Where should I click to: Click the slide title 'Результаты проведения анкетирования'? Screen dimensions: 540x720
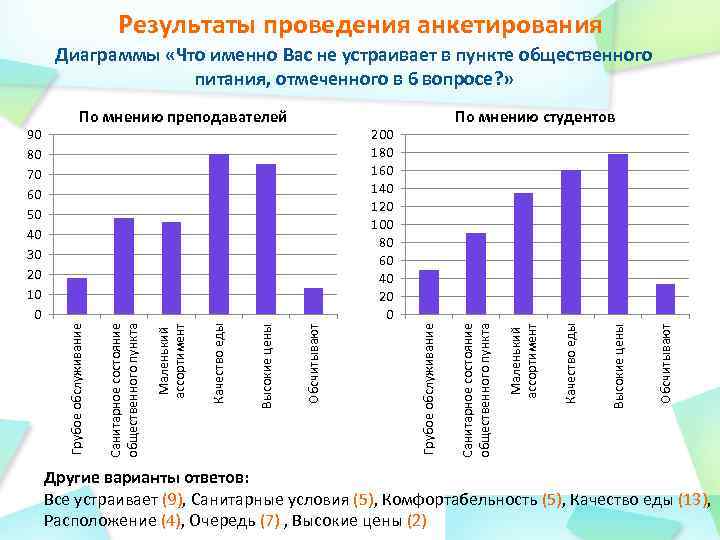coord(359,24)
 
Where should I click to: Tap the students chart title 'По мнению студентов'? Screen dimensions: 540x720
coord(535,119)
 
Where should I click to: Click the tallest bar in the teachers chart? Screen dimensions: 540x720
coord(219,235)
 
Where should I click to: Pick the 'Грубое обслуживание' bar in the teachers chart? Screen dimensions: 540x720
coord(77,297)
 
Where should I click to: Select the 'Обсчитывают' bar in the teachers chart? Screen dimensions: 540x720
coord(313,302)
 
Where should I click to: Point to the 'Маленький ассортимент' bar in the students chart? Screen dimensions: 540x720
coord(523,254)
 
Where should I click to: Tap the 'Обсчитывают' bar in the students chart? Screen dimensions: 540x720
coord(665,300)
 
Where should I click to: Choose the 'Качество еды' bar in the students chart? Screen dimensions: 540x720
coord(571,243)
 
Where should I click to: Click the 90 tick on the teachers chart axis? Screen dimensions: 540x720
coord(35,135)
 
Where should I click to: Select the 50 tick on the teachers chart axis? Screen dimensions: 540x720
coord(35,215)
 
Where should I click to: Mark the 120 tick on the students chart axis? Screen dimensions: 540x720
coord(381,207)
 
